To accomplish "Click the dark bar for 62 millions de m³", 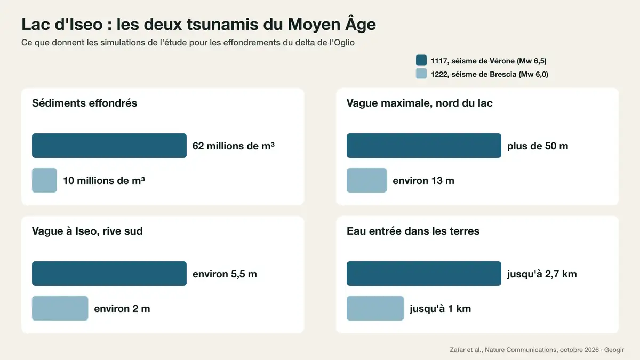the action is (109, 146).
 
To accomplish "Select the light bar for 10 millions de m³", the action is (45, 180).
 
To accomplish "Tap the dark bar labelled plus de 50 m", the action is (424, 146).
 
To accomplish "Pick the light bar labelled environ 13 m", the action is (367, 180).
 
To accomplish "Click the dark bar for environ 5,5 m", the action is (109, 274).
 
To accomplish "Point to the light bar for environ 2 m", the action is (60, 308).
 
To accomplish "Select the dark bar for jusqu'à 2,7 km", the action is (424, 274).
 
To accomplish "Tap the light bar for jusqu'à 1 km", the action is (375, 308).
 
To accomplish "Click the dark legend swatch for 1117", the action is (421, 60).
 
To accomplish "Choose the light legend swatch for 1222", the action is (421, 74).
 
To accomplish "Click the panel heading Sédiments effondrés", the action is (85, 103).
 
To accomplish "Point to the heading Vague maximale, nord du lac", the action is (420, 103).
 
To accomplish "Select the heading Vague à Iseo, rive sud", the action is (87, 231).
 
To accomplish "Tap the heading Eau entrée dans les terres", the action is (413, 231).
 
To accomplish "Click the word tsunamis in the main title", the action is (223, 25).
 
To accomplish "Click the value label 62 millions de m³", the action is (234, 146).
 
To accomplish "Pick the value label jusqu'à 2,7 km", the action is (542, 274).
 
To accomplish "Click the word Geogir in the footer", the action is (614, 350).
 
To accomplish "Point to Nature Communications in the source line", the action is (521, 350).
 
